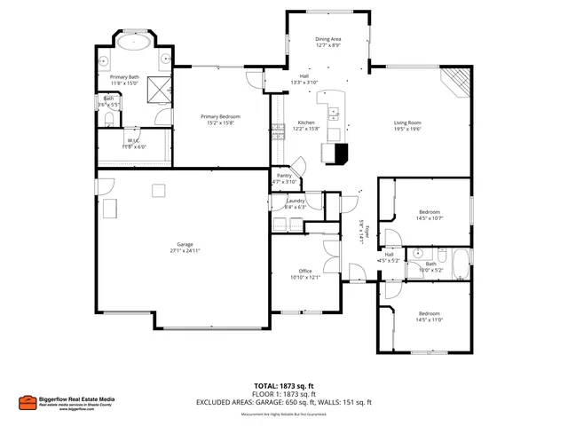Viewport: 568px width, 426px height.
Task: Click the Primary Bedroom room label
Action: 220,116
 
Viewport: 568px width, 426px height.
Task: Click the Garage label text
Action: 185,244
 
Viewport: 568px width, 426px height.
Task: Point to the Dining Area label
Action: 328,39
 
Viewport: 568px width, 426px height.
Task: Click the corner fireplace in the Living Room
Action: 457,82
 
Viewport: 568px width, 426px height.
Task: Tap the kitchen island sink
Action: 335,113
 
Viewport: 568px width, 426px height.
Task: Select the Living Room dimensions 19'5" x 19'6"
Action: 408,130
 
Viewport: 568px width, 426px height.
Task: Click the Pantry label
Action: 284,176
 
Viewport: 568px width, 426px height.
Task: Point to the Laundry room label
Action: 296,201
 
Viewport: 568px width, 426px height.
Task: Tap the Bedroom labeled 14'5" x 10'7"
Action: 430,211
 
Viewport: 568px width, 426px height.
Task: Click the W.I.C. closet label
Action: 133,140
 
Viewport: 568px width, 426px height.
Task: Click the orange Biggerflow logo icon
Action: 27,401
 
